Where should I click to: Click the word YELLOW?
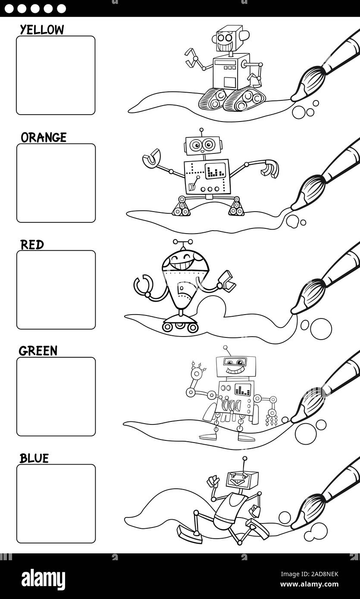pos(42,30)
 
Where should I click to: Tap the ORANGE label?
pos(44,137)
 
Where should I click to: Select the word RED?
pos(32,245)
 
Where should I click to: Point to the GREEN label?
pos(38,351)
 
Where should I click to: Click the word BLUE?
pos(34,458)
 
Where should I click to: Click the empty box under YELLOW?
pos(56,75)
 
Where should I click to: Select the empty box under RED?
pos(56,290)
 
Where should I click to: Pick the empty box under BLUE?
pos(56,503)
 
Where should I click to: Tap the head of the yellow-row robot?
pos(227,39)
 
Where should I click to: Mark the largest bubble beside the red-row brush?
pos(321,329)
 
